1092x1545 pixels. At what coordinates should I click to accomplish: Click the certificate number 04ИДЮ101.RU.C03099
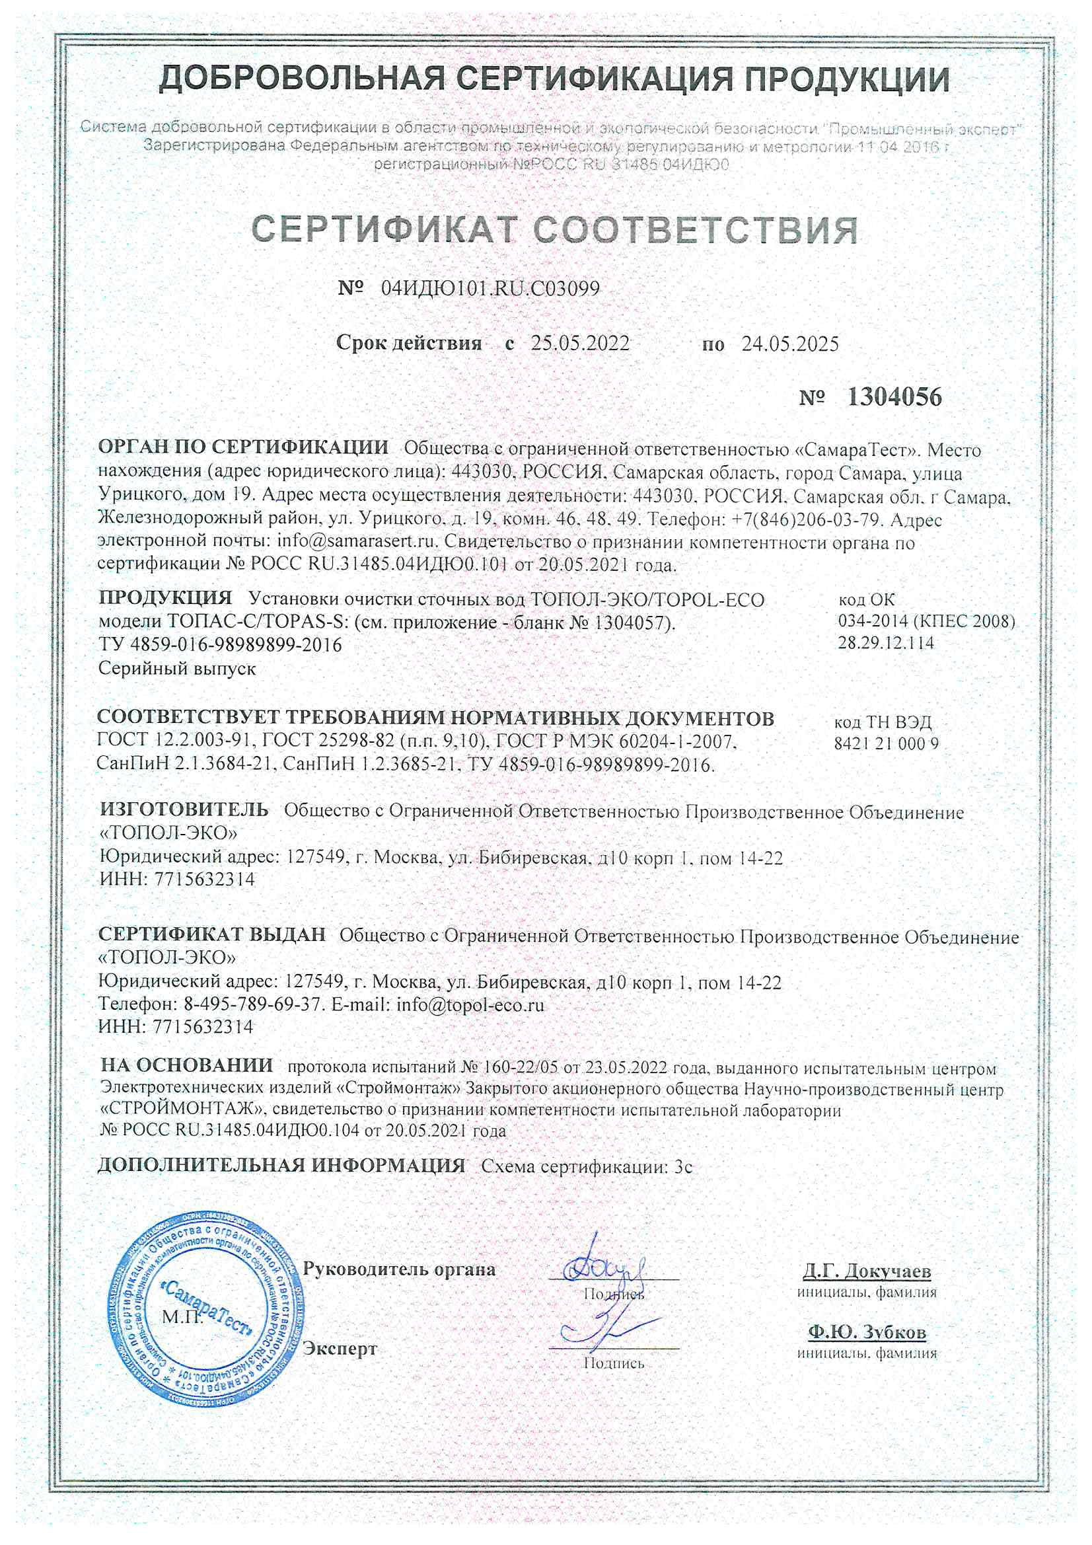(490, 289)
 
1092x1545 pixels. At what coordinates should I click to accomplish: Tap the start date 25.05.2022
(580, 344)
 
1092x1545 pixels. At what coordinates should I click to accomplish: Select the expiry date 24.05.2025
(790, 344)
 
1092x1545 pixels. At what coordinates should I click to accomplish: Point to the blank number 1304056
(894, 398)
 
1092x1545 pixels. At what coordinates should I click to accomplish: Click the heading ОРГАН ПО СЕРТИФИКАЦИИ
(243, 447)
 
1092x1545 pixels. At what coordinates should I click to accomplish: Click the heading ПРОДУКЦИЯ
(165, 597)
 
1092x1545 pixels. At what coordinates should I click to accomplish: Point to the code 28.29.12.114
(885, 642)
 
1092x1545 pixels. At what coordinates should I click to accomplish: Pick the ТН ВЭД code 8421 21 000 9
(886, 743)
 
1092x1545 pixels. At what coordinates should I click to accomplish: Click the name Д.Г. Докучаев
(867, 1272)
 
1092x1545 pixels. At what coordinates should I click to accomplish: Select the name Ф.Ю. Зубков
(867, 1332)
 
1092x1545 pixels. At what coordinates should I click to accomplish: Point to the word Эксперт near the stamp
(340, 1349)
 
